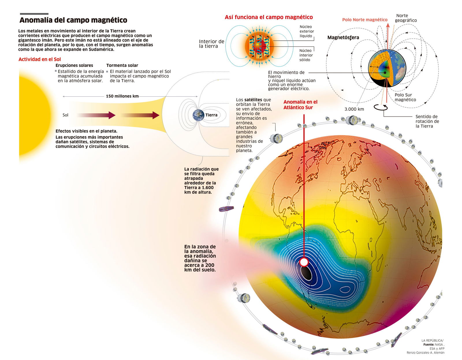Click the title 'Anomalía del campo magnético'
(73, 20)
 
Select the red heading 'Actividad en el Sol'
(40, 59)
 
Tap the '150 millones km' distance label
(122, 96)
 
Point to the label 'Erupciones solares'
(74, 65)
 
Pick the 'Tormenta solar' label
(122, 65)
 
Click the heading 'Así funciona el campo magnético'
(269, 17)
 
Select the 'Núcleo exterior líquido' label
(307, 31)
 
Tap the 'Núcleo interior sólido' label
(306, 55)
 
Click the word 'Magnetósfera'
(343, 37)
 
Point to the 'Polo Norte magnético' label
(365, 20)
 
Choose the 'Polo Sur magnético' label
(405, 97)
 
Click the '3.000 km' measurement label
(354, 109)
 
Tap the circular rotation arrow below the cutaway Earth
(381, 108)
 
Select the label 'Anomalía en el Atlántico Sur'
(300, 105)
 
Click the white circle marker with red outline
(304, 262)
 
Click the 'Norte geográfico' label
(406, 18)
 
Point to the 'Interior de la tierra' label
(212, 44)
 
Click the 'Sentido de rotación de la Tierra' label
(427, 121)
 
